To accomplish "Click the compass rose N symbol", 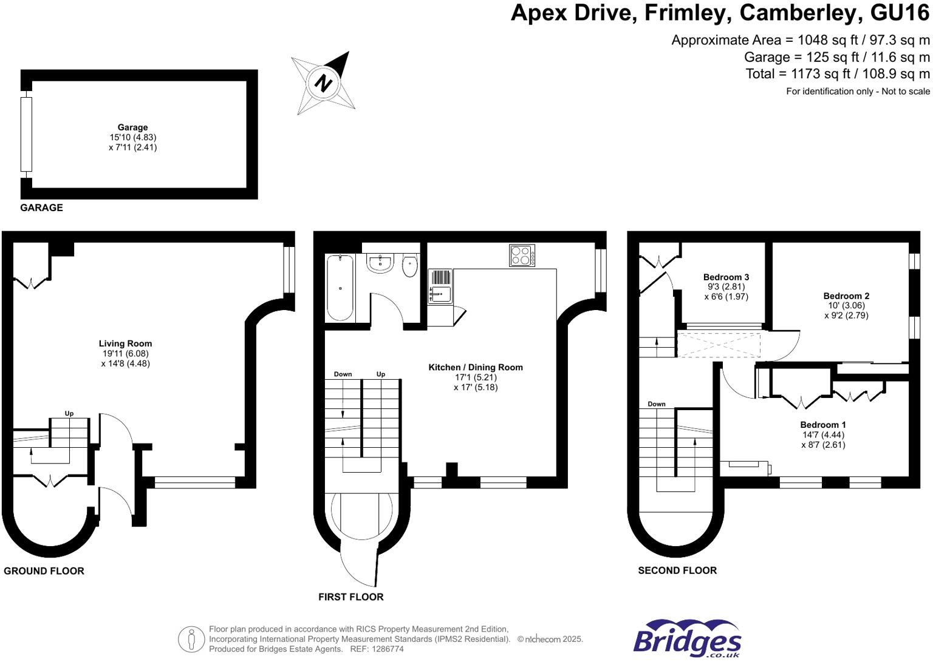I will (323, 83).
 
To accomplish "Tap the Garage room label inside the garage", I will (132, 127).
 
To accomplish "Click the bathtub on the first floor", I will (340, 288).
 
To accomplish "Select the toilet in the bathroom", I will (410, 266).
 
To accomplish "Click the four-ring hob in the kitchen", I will (522, 255).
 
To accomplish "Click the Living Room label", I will (125, 343).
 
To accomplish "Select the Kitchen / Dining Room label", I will (476, 367).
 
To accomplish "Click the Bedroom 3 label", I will (726, 277).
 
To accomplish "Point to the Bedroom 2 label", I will (846, 296).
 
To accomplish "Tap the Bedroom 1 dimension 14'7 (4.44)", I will (823, 434).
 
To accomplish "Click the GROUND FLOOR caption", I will (44, 571).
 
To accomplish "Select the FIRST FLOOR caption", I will (350, 597).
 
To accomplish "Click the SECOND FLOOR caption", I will (677, 570).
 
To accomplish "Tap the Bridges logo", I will (687, 639).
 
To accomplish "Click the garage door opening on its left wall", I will (26, 134).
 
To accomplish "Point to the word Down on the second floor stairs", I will (657, 404).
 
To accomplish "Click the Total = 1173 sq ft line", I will (838, 74).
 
